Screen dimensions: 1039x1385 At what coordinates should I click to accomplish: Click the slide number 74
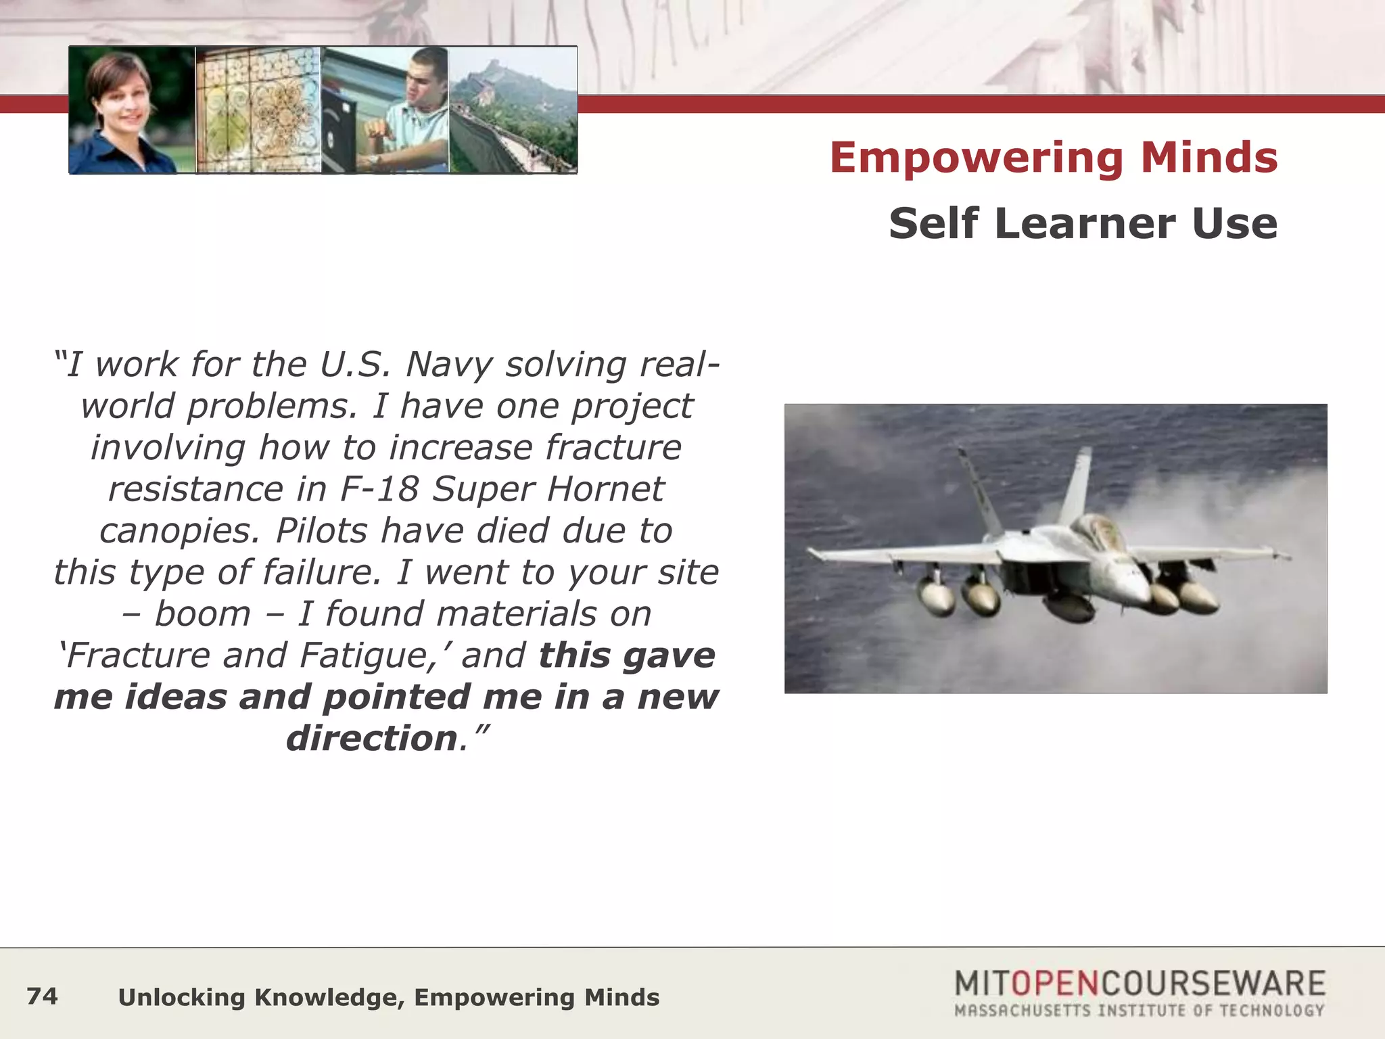click(x=42, y=996)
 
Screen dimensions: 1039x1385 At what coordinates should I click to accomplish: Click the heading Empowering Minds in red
click(x=1053, y=158)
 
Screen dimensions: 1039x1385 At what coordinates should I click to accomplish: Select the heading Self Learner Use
click(x=1083, y=223)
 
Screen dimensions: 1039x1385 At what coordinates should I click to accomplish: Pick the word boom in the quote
click(x=202, y=614)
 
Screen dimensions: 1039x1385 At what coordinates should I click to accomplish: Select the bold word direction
click(x=372, y=739)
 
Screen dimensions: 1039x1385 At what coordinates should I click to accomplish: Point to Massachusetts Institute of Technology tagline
click(x=1139, y=1011)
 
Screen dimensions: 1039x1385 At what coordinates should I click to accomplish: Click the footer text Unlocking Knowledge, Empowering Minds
click(x=388, y=998)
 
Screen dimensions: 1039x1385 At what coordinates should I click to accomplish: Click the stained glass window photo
click(x=258, y=110)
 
